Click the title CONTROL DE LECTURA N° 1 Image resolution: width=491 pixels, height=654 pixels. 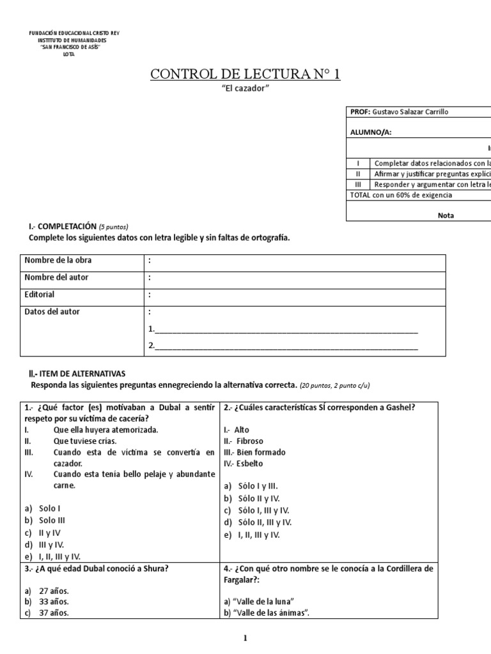point(245,75)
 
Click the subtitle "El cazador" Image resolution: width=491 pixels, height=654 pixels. point(245,89)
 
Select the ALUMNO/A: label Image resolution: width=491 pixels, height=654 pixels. point(371,132)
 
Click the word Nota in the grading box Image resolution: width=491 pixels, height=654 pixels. point(446,215)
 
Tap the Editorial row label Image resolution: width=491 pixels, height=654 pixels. point(40,294)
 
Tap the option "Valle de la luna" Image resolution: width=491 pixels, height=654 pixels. point(259,601)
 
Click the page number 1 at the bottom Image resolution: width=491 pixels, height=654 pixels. point(246,638)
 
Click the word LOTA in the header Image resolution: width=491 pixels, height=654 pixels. point(68,55)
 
